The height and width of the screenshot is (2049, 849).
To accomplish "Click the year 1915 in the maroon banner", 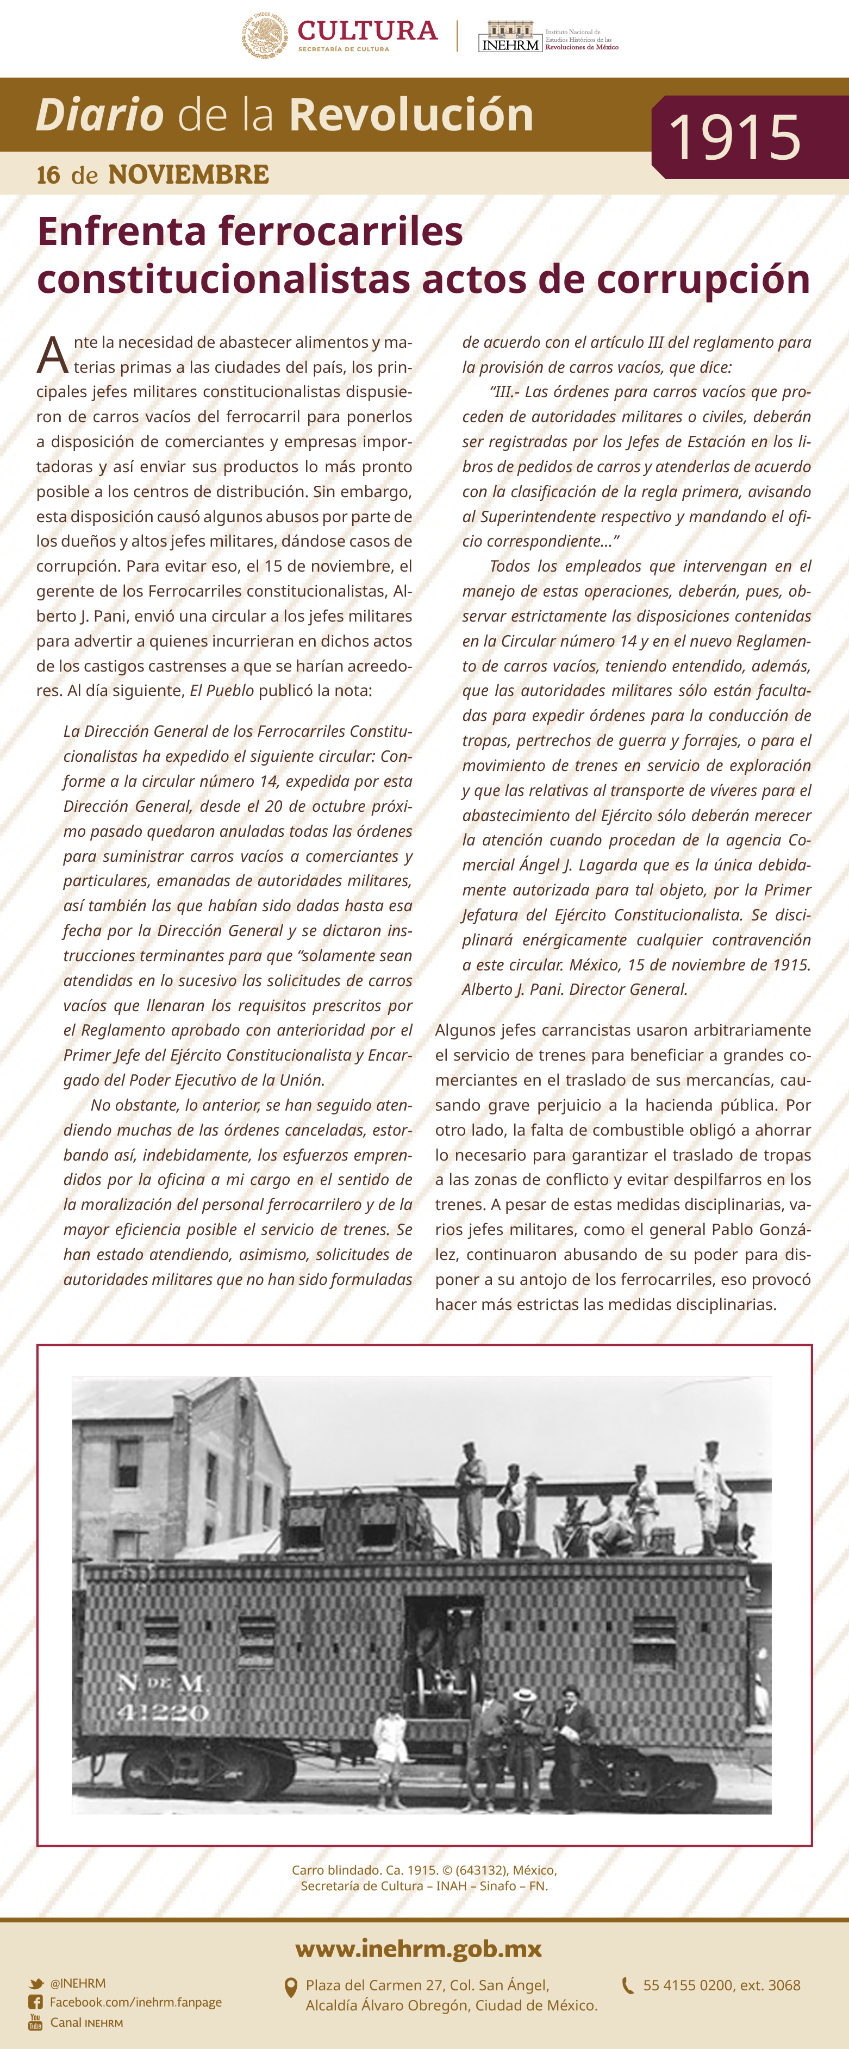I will (734, 137).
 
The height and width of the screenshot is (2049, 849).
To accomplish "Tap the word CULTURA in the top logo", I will (367, 31).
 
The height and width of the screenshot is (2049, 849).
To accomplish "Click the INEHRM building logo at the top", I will (510, 36).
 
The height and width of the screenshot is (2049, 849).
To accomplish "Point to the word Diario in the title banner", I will (100, 115).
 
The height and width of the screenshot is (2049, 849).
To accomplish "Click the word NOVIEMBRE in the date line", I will (189, 175).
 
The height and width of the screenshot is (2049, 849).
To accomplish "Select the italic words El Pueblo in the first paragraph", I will (221, 691).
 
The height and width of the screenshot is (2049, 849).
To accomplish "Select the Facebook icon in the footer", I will (36, 2002).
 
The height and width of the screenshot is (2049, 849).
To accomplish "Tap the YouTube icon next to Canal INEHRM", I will (36, 2021).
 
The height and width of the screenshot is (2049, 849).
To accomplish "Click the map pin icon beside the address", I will (291, 1988).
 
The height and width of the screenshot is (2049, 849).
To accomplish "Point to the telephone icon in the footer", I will (628, 1985).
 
